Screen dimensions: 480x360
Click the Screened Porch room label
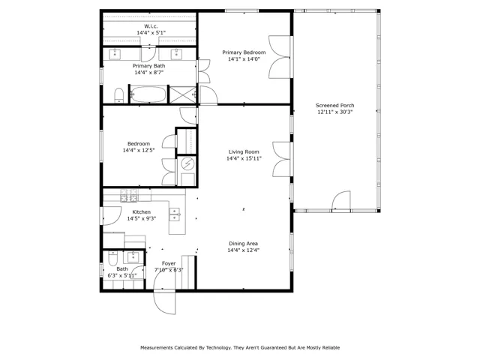pyautogui.click(x=335, y=105)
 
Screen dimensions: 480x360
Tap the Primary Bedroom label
pyautogui.click(x=244, y=52)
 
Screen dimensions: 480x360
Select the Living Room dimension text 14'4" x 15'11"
pyautogui.click(x=244, y=158)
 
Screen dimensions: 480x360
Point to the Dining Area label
pyautogui.click(x=243, y=244)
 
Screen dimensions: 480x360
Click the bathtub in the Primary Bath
pyautogui.click(x=148, y=94)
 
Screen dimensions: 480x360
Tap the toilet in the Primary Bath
pyautogui.click(x=118, y=95)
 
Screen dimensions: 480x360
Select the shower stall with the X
pyautogui.click(x=183, y=94)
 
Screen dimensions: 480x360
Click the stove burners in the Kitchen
pyautogui.click(x=129, y=195)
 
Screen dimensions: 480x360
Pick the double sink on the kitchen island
pyautogui.click(x=175, y=214)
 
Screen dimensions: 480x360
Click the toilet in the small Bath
pyautogui.click(x=113, y=259)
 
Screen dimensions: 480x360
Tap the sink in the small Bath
pyautogui.click(x=133, y=256)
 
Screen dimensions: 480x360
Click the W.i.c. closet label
pyautogui.click(x=151, y=26)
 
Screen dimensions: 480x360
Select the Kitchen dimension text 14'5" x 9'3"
pyautogui.click(x=142, y=218)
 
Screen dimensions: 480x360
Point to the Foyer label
pyautogui.click(x=169, y=263)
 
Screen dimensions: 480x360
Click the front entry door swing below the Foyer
pyautogui.click(x=165, y=301)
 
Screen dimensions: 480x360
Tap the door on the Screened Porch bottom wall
pyautogui.click(x=341, y=200)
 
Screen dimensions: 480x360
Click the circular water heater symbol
pyautogui.click(x=187, y=163)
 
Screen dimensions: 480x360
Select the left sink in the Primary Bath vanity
pyautogui.click(x=115, y=54)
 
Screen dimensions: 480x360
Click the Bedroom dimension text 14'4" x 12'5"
pyautogui.click(x=139, y=150)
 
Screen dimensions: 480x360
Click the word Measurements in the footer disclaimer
pyautogui.click(x=157, y=348)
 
